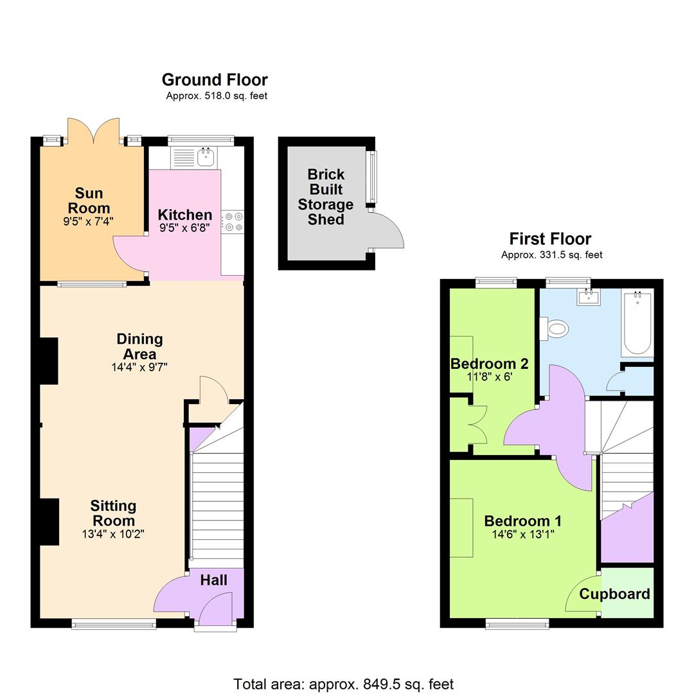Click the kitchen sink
(206, 156)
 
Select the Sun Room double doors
(94, 132)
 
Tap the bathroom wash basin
(589, 298)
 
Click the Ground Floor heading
(215, 80)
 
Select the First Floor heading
(550, 238)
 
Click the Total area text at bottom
(343, 684)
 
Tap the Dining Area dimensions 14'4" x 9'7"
(139, 368)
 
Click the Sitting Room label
(113, 513)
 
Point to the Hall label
(213, 580)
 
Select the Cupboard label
(614, 594)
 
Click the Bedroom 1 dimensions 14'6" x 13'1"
(523, 535)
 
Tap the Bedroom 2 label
(489, 364)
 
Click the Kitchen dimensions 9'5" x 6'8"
(184, 227)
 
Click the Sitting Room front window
(114, 622)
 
